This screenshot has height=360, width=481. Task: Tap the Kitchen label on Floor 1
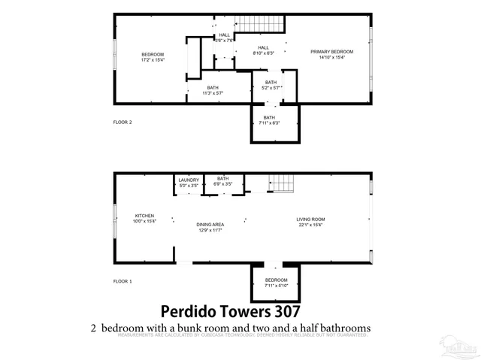(x=144, y=219)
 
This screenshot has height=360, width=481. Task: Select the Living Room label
(x=310, y=221)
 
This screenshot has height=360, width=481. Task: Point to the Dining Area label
(x=210, y=227)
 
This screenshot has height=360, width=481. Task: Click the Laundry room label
(x=189, y=181)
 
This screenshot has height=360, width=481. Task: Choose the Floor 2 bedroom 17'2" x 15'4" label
(x=153, y=57)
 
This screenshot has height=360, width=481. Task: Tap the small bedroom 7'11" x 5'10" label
(x=275, y=283)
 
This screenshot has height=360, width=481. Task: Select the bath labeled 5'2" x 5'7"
(x=270, y=85)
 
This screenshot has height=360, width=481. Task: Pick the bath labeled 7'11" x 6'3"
(x=269, y=120)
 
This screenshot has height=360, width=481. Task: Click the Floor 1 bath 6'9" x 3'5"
(x=223, y=181)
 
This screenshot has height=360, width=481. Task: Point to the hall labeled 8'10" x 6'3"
(x=263, y=50)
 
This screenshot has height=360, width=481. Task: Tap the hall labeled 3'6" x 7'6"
(x=224, y=38)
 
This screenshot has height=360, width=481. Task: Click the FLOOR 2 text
(x=122, y=122)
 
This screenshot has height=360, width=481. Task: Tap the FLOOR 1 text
(x=122, y=281)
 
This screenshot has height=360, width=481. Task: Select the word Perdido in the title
(x=190, y=310)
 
